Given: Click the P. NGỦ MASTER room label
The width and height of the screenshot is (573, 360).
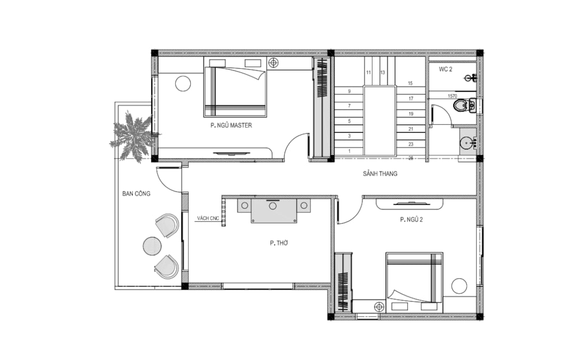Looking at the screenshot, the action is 231,125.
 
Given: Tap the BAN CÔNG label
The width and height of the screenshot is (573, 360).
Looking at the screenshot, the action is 137,194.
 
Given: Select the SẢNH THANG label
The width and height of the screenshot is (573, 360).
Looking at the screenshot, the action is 380,174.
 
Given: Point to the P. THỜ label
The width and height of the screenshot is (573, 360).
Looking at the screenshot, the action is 279,242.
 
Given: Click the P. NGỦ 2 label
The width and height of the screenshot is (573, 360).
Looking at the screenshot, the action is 411,219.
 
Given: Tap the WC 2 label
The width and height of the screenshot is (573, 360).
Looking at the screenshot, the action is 445,69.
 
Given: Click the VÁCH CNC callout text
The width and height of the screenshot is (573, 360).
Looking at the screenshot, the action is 208,218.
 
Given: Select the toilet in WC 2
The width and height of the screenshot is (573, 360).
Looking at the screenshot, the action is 464,106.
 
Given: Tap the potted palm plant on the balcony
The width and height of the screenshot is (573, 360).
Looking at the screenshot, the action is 131,136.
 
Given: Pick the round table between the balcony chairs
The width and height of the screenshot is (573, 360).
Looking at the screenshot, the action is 152,246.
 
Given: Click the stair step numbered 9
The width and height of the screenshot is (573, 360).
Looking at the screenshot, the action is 349,91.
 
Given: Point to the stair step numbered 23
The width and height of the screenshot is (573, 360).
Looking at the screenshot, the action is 411,144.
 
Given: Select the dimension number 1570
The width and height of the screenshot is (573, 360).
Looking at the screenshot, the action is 452,96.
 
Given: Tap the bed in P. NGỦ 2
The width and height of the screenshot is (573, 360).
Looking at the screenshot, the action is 415,283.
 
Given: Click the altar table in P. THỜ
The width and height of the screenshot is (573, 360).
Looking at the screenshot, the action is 274,211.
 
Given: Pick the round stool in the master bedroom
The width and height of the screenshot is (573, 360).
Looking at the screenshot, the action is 183,83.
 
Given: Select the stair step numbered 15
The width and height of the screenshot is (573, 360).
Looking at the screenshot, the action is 410,83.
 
